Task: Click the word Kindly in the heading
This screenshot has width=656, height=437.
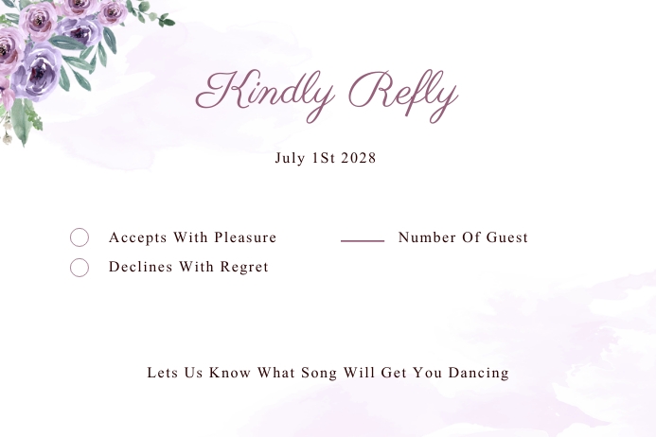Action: tap(265, 92)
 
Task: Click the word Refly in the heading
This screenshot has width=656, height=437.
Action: tap(403, 92)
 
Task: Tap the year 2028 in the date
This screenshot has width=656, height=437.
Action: tap(358, 158)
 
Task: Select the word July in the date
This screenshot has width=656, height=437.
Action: tap(290, 158)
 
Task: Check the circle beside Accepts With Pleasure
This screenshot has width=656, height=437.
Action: tap(80, 237)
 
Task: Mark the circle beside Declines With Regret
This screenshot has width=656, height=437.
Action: tap(80, 268)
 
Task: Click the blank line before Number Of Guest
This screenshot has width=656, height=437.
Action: tap(363, 240)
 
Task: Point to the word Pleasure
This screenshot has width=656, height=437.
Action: tap(245, 237)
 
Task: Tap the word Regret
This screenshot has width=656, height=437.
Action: tap(244, 267)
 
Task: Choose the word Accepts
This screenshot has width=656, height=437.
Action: tap(137, 237)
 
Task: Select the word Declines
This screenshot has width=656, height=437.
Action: tap(140, 267)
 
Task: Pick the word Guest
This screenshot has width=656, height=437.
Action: tap(507, 237)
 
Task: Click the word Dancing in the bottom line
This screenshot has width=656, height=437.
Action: tap(479, 373)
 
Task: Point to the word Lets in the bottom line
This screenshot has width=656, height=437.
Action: tap(162, 373)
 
